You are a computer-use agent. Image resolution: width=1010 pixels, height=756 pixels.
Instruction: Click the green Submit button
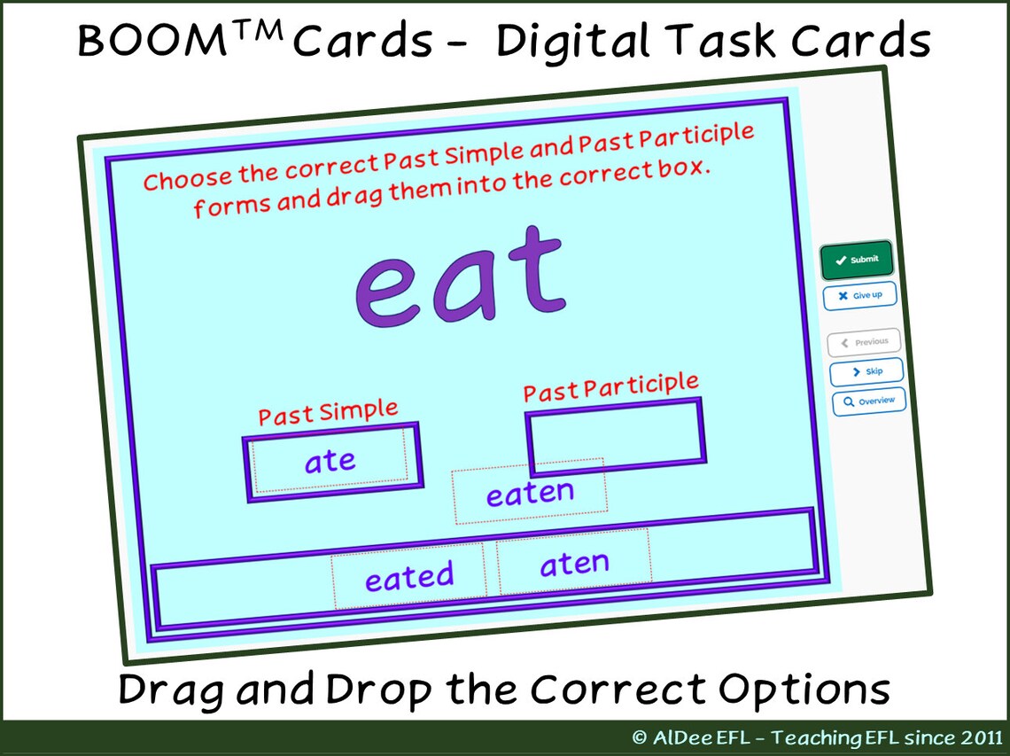click(x=856, y=260)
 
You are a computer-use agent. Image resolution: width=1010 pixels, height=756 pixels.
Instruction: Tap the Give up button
click(x=859, y=295)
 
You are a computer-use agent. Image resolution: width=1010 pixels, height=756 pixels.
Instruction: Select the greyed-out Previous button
click(x=865, y=342)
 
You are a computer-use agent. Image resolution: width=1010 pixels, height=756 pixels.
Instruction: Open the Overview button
click(x=868, y=401)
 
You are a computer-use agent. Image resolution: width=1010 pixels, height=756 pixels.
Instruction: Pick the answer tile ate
click(x=330, y=462)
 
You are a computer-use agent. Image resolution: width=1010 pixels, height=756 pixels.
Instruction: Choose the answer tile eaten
click(x=530, y=493)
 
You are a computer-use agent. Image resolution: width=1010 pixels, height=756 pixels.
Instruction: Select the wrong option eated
click(x=409, y=578)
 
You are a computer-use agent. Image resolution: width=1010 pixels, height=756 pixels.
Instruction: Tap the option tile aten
click(x=574, y=564)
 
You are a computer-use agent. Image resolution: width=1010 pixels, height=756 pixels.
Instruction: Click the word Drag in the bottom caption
click(x=169, y=690)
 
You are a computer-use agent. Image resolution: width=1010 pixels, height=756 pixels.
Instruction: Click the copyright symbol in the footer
click(x=640, y=738)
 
